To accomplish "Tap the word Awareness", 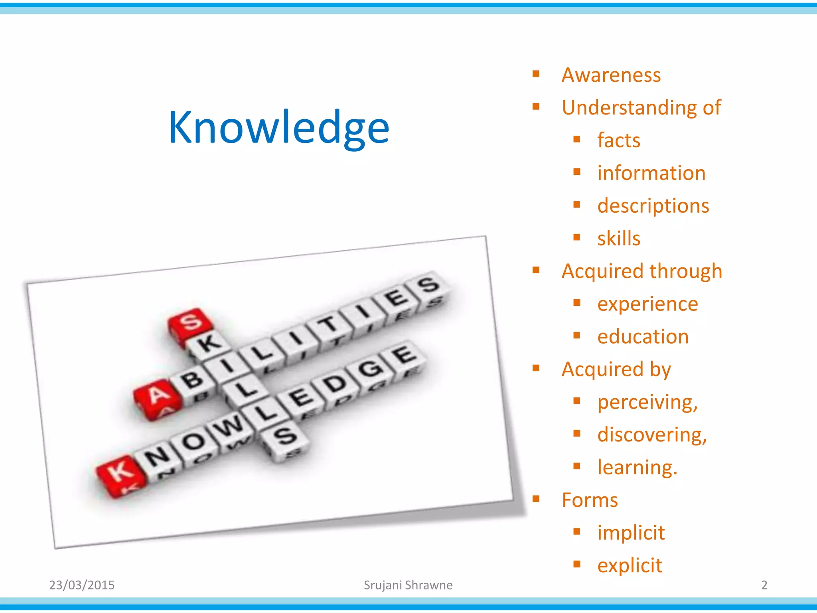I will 611,75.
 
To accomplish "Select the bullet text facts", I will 618,140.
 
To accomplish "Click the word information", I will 651,173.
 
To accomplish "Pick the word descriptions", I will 653,206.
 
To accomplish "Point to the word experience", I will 647,304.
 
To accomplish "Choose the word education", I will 643,337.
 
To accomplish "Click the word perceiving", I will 647,402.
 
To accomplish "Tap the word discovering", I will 651,435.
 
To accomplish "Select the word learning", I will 637,468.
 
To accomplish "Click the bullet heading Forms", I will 589,500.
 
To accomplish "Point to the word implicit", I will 631,533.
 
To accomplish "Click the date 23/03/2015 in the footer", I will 82,585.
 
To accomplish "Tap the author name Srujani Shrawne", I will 408,585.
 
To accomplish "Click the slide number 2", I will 764,585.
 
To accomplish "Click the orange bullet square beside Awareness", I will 536,74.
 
